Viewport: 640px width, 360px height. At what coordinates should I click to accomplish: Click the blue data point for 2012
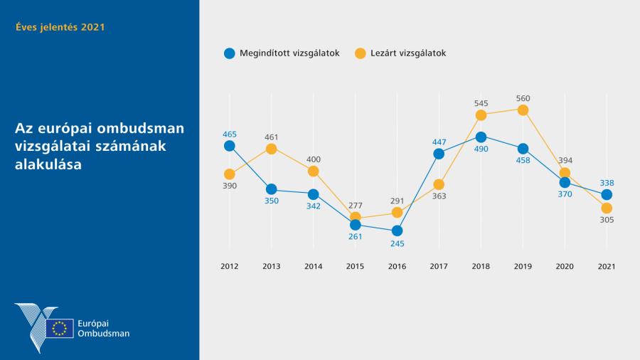(229, 146)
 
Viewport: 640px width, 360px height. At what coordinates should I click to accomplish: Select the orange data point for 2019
(523, 110)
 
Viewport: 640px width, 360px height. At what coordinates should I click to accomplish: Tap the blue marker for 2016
(397, 231)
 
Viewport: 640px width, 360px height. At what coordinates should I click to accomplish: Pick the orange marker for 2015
(355, 217)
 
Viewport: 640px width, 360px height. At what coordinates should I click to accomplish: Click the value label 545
(481, 103)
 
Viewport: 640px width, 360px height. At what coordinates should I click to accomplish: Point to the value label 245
(397, 243)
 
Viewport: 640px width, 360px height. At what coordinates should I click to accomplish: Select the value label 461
(271, 137)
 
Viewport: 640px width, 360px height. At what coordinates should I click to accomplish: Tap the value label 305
(607, 220)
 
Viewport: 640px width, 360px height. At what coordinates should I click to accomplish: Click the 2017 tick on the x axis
(439, 266)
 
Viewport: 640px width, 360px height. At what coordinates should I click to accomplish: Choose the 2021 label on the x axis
(607, 266)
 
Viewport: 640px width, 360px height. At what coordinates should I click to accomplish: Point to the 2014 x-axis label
(313, 266)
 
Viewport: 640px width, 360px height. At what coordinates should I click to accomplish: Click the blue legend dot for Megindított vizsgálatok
(229, 53)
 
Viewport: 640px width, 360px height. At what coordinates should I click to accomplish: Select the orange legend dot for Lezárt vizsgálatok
(360, 53)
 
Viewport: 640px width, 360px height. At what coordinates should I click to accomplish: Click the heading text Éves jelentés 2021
(60, 27)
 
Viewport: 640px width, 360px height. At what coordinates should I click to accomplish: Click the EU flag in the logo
(60, 328)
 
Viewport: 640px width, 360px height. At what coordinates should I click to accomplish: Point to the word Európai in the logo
(93, 322)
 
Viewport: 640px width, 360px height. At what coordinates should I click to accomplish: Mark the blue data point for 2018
(481, 137)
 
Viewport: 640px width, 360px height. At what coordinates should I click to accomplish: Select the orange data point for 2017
(439, 184)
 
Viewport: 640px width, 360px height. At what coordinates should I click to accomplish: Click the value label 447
(439, 142)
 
